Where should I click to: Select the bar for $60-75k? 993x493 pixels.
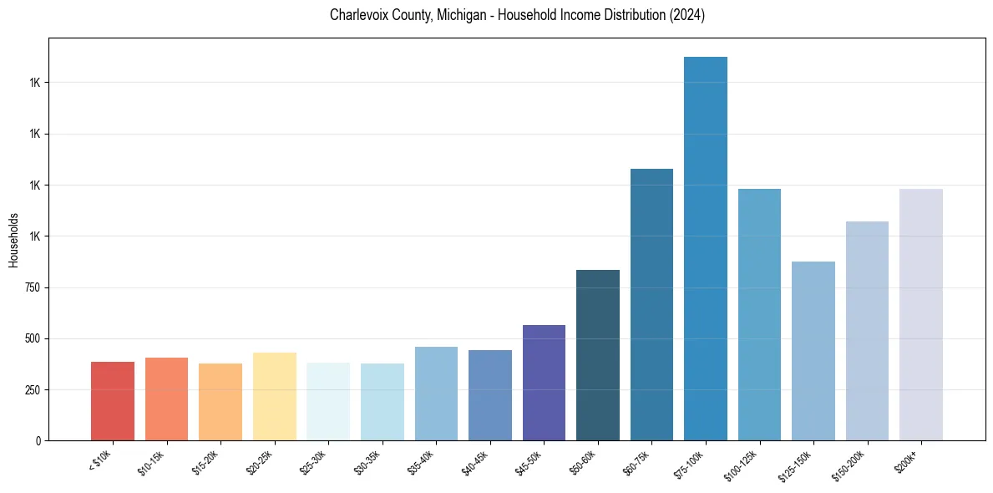pos(651,304)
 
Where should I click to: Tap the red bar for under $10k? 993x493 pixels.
pos(113,401)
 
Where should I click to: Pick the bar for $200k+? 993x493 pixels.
pos(921,314)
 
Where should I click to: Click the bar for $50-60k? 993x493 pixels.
pos(598,355)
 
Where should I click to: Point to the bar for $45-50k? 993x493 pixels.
pos(544,383)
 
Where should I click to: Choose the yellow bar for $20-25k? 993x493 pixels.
pos(275,396)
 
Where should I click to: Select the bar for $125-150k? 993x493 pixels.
pos(813,351)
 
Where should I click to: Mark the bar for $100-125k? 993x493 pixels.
pos(759,314)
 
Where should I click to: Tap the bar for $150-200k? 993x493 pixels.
pos(867,331)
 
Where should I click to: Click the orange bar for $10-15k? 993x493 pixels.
pos(166,399)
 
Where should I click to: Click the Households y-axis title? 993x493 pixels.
pos(13,241)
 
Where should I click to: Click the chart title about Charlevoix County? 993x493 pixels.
pos(517,15)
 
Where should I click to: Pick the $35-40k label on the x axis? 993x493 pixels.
pos(421,462)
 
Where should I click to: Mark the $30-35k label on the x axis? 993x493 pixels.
pos(367,462)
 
